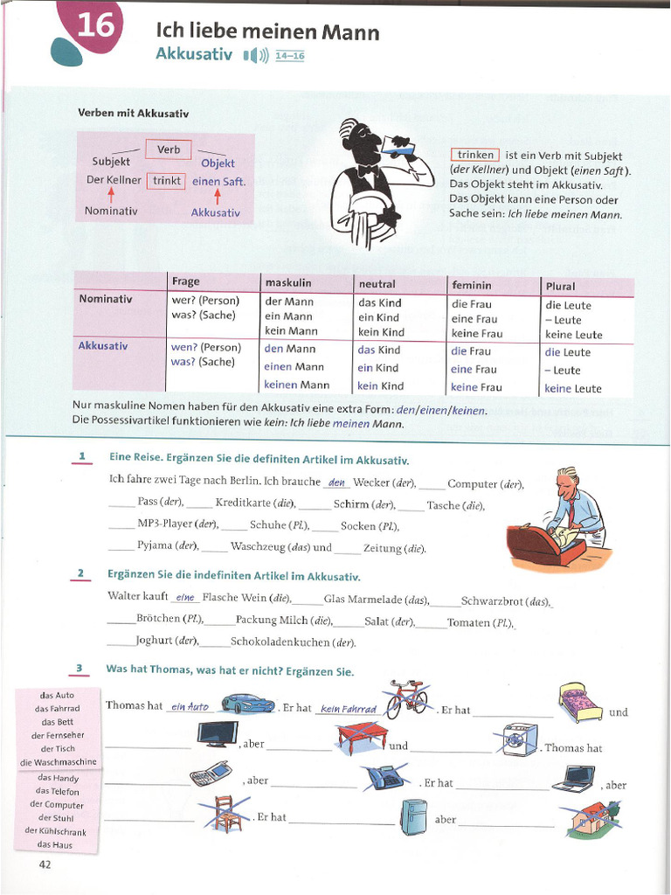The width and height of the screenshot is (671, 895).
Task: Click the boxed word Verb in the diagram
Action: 169,149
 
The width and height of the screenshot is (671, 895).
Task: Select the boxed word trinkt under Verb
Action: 167,181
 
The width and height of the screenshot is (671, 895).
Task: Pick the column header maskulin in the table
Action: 288,282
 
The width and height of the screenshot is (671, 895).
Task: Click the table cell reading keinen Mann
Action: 297,385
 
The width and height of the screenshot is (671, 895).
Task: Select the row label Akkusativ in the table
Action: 103,346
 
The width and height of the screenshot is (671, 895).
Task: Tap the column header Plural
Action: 561,286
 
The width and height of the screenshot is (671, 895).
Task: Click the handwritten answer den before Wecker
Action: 336,482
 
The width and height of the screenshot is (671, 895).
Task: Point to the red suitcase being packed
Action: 544,545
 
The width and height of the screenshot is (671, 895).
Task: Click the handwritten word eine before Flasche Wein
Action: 184,598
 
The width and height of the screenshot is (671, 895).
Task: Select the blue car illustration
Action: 247,704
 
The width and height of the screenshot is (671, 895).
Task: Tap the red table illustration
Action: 362,738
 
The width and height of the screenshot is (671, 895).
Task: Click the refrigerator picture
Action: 413,816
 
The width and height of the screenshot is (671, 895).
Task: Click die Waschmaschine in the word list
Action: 58,762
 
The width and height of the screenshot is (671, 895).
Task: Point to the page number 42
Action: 45,864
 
